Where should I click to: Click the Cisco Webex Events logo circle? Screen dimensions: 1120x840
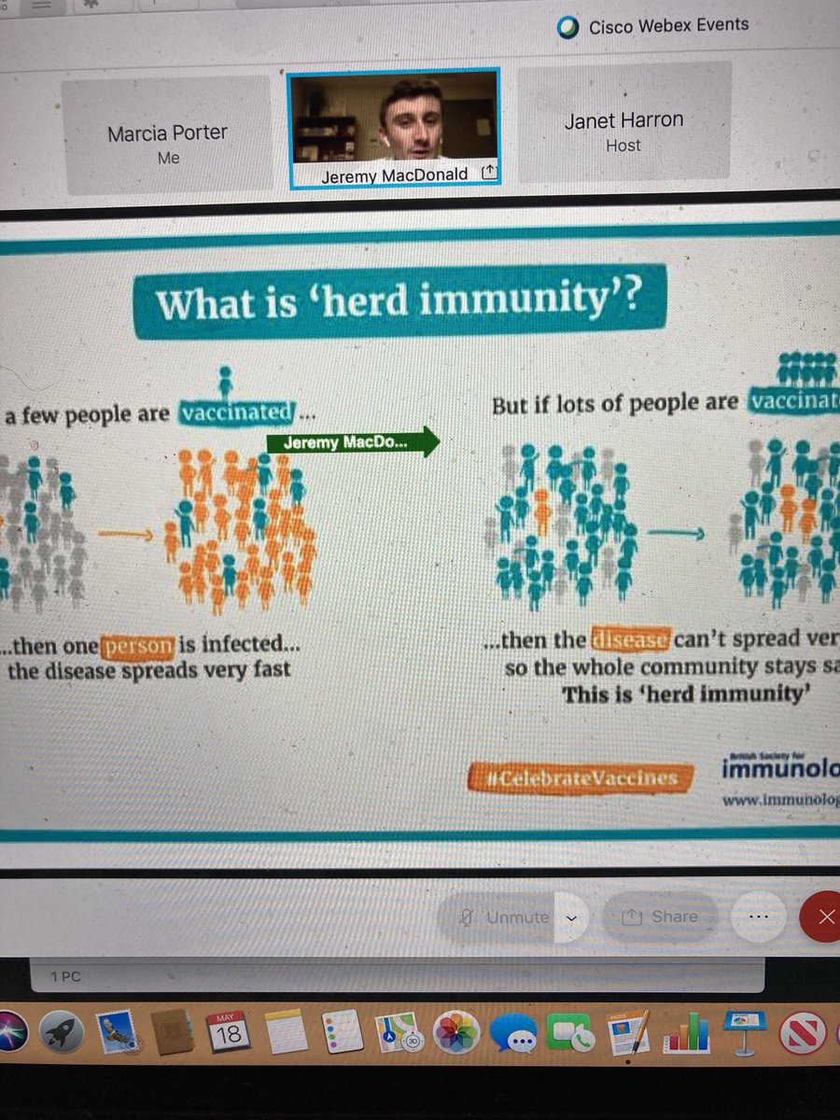coord(567,29)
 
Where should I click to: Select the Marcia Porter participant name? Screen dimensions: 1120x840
coord(168,133)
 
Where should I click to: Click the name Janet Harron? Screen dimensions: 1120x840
coord(623,120)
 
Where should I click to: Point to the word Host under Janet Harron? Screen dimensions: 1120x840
coord(623,145)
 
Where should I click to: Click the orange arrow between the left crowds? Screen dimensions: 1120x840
coord(124,535)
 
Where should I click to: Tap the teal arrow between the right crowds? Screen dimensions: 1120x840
coord(676,533)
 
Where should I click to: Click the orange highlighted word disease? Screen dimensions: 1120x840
coord(630,640)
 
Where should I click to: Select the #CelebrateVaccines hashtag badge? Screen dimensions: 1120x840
coord(573,777)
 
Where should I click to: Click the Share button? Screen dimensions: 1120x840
coord(661,917)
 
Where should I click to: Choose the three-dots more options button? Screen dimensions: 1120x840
coord(757,917)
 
